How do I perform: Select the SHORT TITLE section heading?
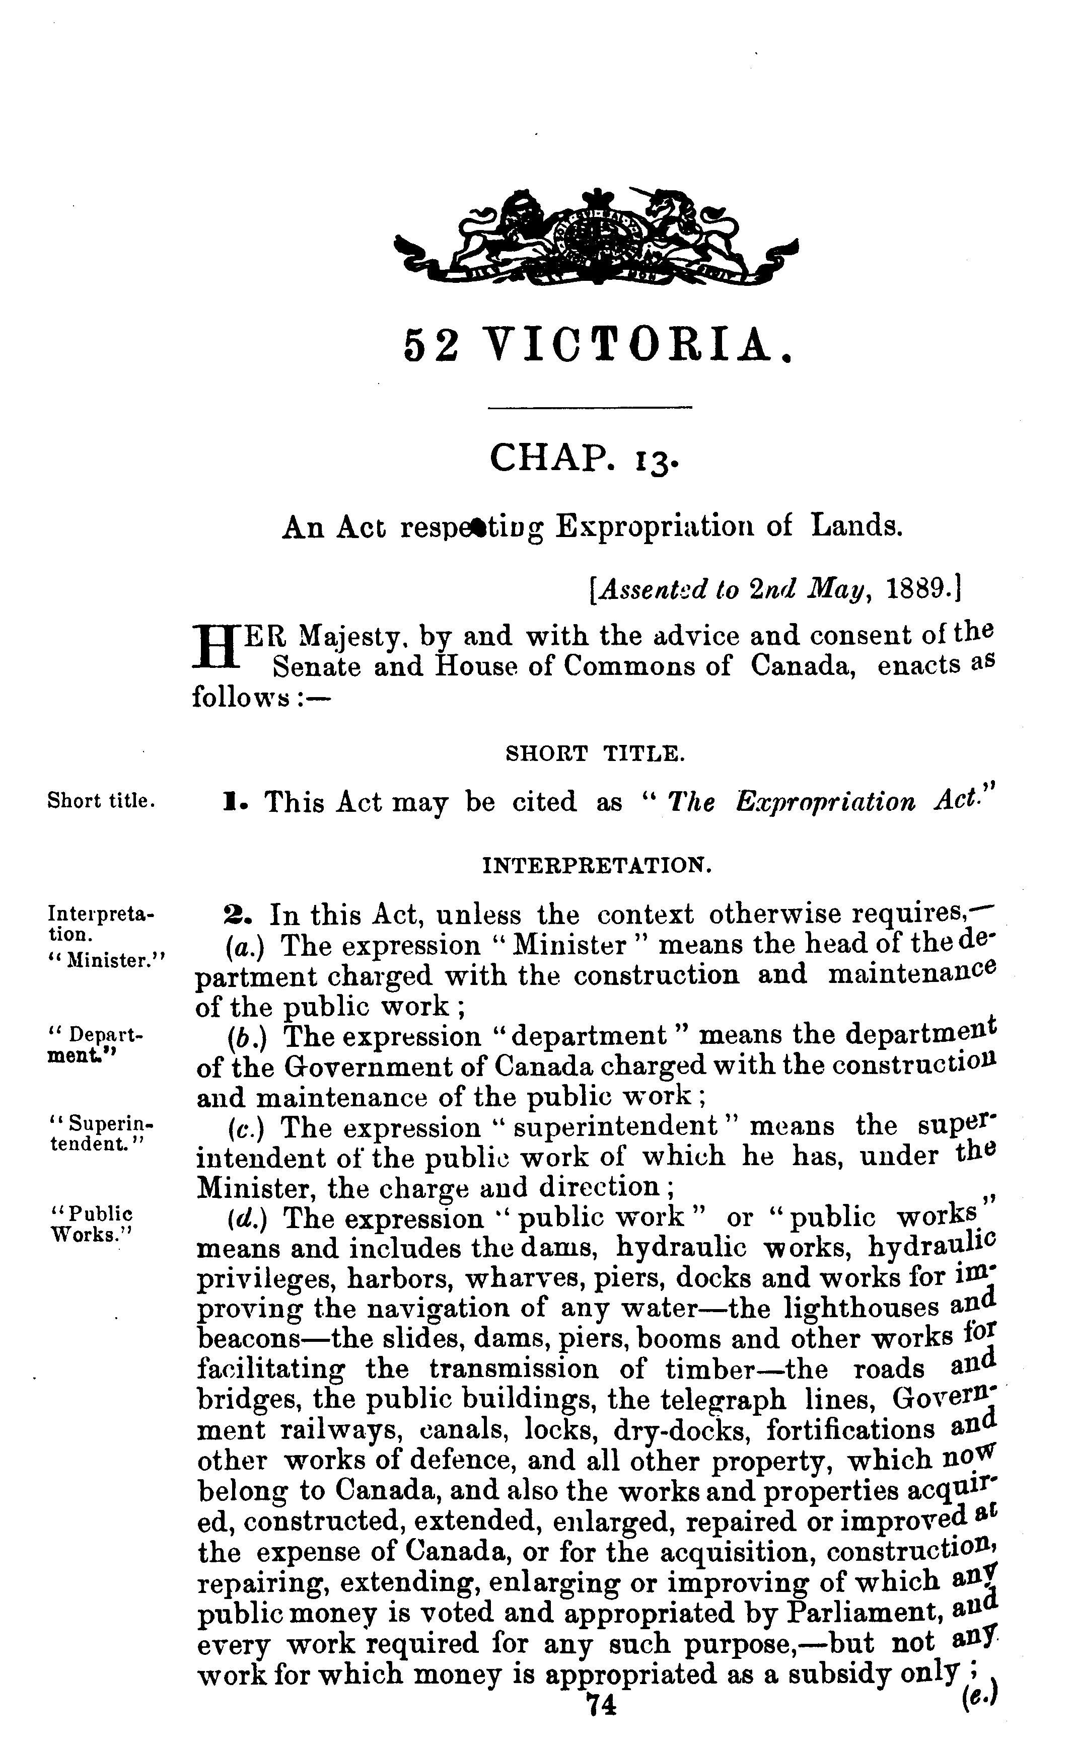click(595, 754)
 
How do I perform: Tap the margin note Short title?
click(101, 801)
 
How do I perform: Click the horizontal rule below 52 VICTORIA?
click(590, 407)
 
